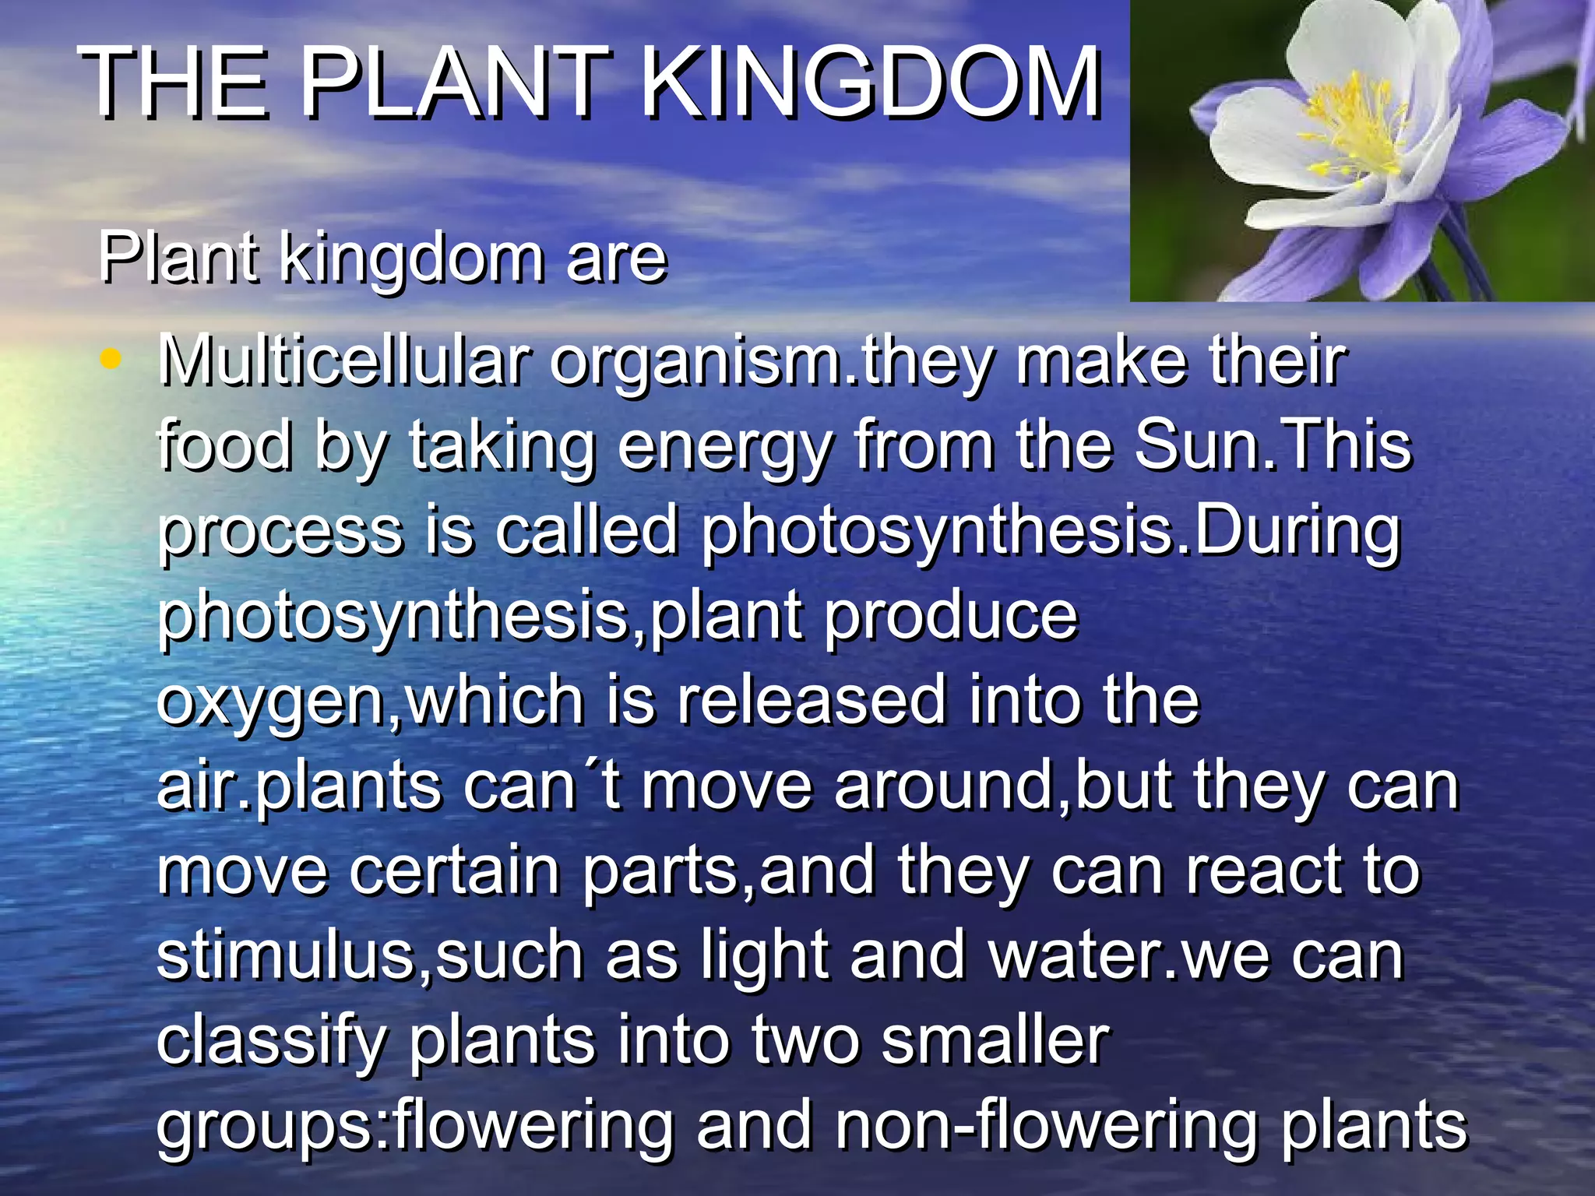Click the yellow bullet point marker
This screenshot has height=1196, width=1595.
(112, 360)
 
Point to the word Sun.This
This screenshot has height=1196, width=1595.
(1272, 445)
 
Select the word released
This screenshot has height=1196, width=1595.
(811, 701)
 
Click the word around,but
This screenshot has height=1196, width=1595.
(1002, 786)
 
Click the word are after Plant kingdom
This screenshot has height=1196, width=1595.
(616, 259)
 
